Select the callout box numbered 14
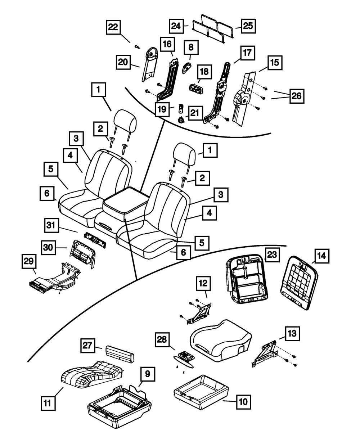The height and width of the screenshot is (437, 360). click(x=321, y=256)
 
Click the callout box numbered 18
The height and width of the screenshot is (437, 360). click(x=204, y=72)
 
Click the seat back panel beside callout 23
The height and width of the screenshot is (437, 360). click(x=247, y=279)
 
